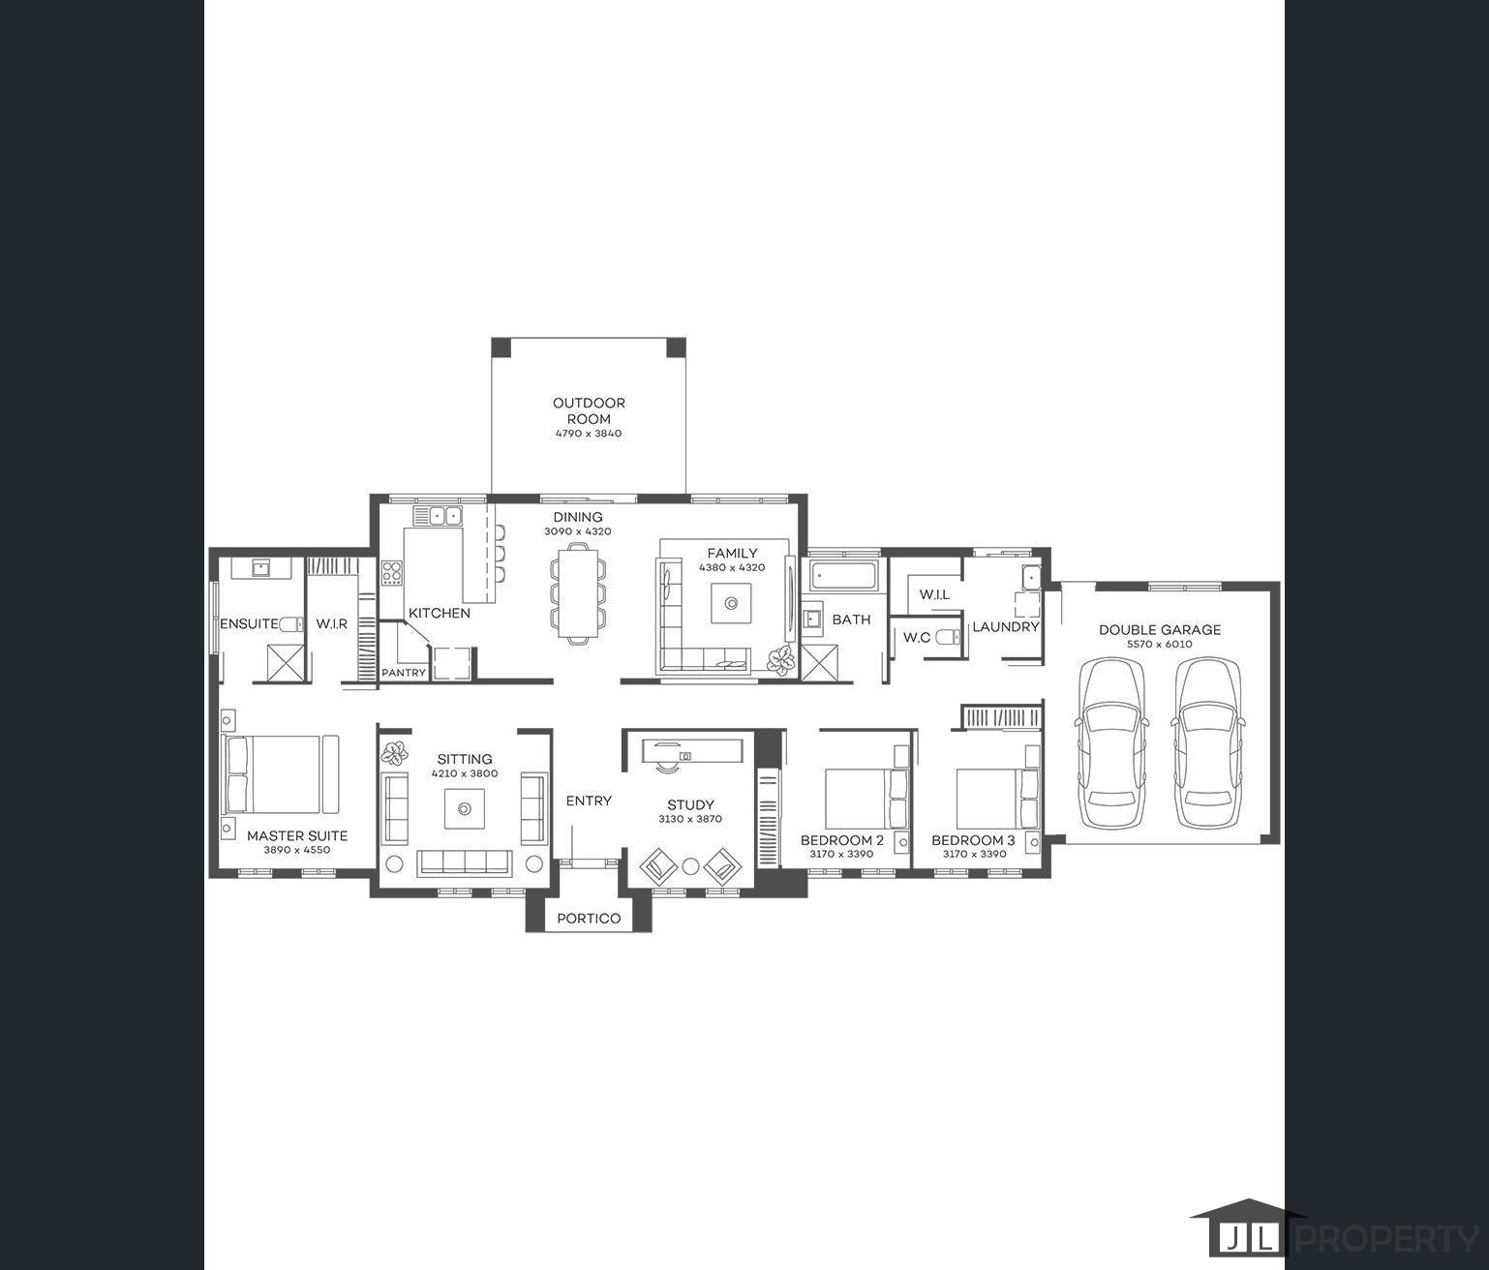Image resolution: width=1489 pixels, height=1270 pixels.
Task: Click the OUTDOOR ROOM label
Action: coord(589,410)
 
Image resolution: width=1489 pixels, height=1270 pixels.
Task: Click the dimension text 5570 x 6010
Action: coord(1159,645)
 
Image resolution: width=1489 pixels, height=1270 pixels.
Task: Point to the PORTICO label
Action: coord(589,918)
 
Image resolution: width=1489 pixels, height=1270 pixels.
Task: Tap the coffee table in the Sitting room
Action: coord(465,808)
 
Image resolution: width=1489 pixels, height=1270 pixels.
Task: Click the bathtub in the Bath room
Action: coord(845,576)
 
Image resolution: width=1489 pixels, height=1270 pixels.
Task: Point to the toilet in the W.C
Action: coord(953,637)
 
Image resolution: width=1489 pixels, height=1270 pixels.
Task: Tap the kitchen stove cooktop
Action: coord(391,573)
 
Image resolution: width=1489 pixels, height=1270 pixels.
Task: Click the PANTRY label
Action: coord(404,673)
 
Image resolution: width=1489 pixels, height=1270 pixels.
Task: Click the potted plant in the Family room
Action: coord(778,659)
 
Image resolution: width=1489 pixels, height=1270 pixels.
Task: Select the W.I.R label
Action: coord(331,624)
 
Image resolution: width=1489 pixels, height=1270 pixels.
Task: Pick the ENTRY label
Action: coord(589,801)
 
